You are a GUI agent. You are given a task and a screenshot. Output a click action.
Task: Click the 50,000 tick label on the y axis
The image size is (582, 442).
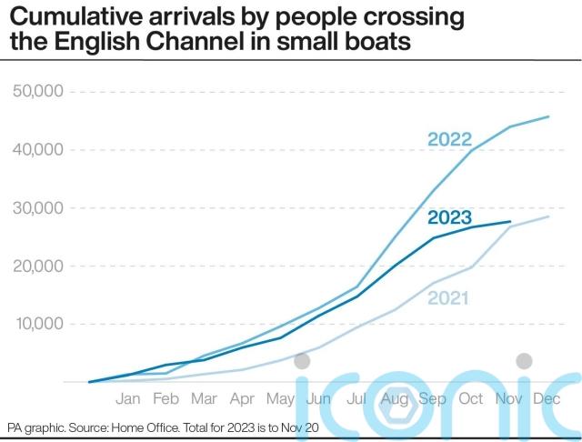click(37, 92)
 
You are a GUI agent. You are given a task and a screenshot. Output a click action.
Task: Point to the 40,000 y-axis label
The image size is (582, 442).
click(37, 150)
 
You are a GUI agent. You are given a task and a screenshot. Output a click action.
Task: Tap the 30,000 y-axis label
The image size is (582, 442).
click(37, 208)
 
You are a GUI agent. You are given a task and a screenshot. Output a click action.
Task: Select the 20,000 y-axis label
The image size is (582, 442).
click(37, 266)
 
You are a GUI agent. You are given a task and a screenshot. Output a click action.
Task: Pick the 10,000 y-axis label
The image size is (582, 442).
click(37, 325)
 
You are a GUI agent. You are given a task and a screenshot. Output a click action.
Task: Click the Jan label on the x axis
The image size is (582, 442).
click(128, 398)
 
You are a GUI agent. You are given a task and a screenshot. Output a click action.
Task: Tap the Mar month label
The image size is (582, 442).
click(204, 398)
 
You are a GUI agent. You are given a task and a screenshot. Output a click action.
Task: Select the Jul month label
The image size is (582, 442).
click(356, 398)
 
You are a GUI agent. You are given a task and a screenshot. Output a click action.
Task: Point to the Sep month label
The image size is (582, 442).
click(432, 398)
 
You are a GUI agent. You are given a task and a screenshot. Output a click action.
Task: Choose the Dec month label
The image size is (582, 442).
click(547, 398)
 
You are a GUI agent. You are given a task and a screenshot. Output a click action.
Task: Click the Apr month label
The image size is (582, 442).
click(242, 398)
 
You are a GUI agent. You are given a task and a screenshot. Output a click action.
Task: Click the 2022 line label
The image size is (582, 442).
click(449, 139)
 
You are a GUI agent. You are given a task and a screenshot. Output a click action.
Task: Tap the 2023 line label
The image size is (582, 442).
click(449, 217)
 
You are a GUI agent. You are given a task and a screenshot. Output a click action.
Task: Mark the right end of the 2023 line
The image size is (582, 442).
click(510, 222)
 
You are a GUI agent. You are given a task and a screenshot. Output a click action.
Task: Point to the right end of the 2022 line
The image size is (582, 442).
click(547, 116)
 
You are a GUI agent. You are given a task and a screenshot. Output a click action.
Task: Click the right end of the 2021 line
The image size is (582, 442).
click(547, 216)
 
